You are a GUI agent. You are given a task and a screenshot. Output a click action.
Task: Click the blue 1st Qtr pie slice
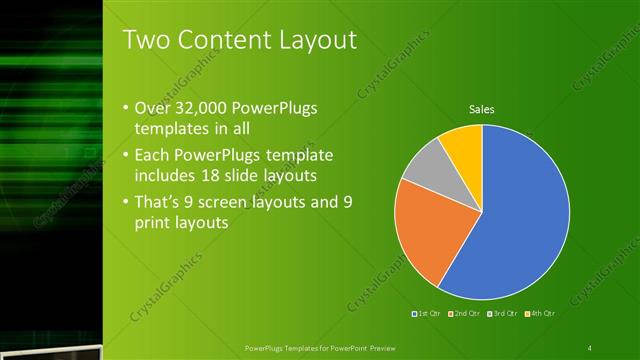click(520, 215)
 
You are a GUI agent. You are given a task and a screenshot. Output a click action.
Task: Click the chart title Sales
click(482, 109)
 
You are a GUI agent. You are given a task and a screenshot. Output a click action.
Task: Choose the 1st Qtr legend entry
click(428, 314)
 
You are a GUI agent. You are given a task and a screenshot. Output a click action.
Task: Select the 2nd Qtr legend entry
click(465, 314)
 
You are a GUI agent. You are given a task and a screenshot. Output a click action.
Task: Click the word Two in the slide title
click(144, 41)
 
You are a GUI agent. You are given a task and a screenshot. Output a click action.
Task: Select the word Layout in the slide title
click(314, 41)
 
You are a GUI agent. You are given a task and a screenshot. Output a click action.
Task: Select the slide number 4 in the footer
click(590, 347)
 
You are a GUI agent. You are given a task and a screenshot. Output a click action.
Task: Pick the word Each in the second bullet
click(151, 156)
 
